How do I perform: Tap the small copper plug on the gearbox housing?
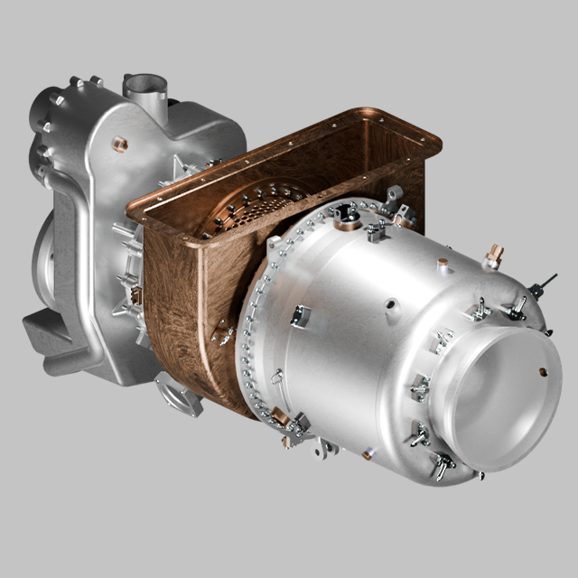pos(120,144)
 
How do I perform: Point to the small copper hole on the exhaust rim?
pos(543,371)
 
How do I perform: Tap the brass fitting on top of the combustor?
pos(492,257)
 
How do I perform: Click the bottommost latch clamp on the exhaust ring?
pos(443,466)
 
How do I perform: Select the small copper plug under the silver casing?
pos(368,454)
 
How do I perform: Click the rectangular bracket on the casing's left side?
pos(301,315)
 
